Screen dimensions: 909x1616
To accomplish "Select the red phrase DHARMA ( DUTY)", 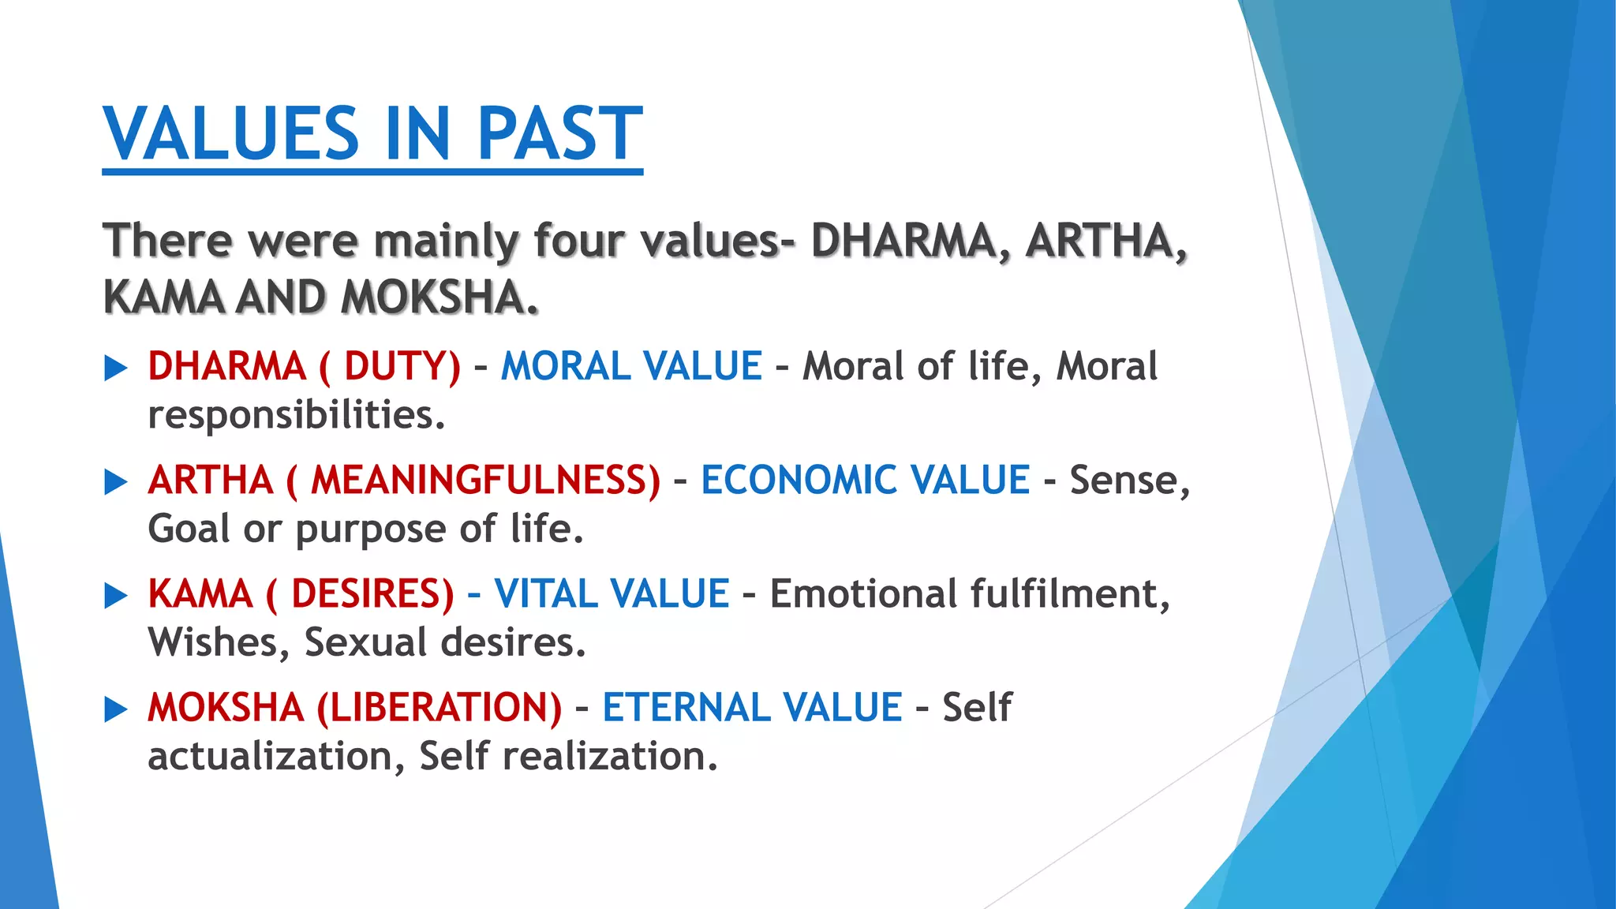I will pos(304,366).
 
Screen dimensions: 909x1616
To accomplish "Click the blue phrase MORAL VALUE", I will pos(631,366).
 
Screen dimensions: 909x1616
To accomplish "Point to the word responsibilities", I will pos(296,415).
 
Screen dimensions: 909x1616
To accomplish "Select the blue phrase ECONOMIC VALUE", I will pos(865,480).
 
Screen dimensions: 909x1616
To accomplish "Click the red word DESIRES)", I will pos(372,593).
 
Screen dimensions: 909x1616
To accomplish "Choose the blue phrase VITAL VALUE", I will pos(612,593).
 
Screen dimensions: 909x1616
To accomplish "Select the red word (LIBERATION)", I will pos(439,707).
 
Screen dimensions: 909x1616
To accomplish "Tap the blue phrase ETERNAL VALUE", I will pos(752,707).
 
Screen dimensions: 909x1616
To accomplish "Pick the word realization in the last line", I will pos(609,756).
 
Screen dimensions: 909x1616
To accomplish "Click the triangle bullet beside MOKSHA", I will pos(116,709).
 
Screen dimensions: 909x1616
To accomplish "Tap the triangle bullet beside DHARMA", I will pos(116,368).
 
